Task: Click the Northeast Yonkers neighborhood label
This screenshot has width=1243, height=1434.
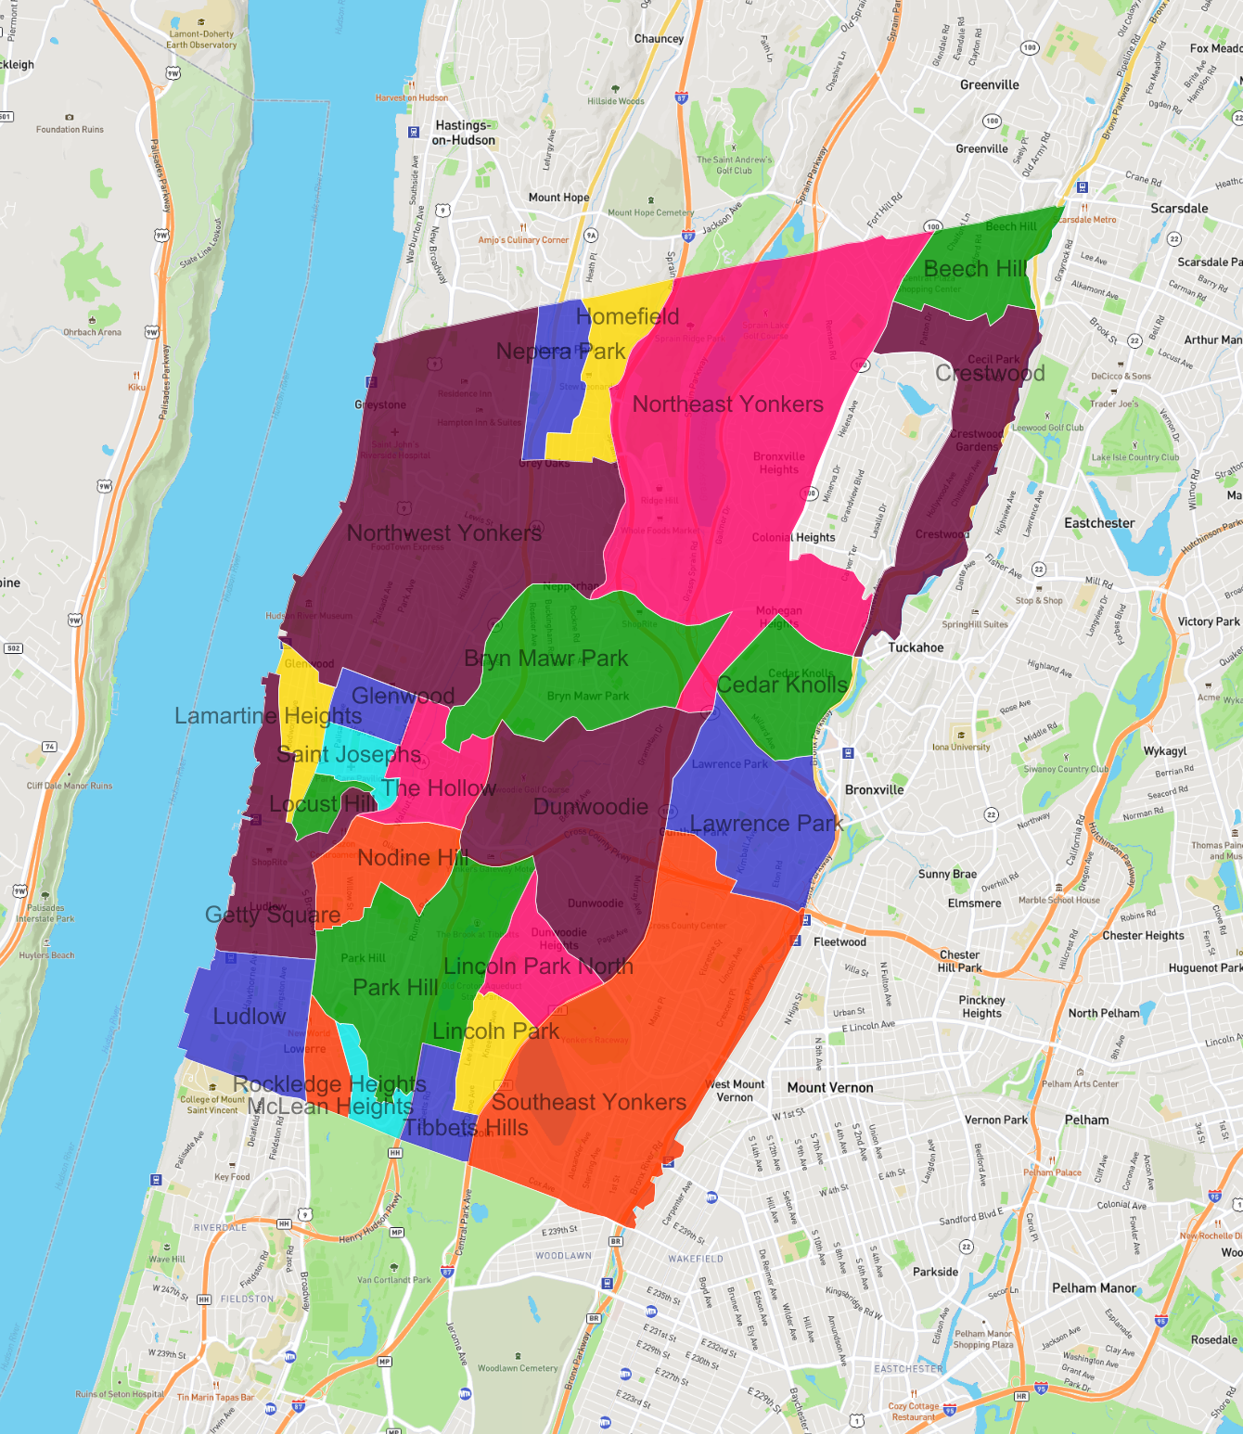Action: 728,404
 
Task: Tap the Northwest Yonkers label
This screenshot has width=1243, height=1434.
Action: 444,533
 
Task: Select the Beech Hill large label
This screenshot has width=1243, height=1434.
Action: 976,269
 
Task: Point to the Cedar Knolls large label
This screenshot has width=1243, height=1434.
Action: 783,685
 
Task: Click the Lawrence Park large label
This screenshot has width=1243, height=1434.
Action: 766,824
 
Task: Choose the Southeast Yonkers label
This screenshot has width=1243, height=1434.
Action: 589,1103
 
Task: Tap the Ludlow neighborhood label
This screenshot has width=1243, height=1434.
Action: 250,1017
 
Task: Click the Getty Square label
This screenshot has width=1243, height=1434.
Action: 273,915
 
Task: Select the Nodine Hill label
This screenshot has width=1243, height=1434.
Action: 413,858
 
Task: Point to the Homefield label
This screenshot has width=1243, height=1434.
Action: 628,317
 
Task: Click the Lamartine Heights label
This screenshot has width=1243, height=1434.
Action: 268,716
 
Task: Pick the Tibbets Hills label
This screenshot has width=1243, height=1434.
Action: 466,1128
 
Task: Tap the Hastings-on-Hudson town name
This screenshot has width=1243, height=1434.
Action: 464,133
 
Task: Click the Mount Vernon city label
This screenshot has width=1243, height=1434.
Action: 830,1087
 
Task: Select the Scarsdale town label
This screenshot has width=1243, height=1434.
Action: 1179,209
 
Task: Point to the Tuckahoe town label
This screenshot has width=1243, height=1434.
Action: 916,647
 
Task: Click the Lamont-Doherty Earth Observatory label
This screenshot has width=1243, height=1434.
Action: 201,39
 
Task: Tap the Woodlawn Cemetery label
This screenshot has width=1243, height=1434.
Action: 518,1368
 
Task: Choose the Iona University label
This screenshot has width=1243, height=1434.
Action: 961,747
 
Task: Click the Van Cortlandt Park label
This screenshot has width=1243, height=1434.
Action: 394,1280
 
